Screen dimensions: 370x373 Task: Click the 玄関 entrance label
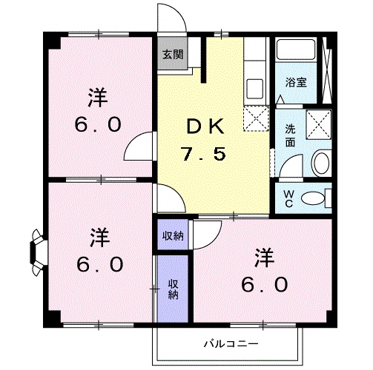tap(174, 54)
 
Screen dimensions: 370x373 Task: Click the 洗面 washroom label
tap(290, 134)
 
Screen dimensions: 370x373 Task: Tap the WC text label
tap(289, 198)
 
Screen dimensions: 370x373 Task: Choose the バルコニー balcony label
tap(228, 344)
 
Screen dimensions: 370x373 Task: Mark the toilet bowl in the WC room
tap(317, 198)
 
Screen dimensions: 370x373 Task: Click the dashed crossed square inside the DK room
tap(255, 117)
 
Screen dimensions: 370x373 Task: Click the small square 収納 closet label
tap(174, 237)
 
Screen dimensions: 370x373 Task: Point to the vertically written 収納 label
tap(173, 289)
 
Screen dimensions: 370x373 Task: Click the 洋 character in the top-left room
tap(97, 96)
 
